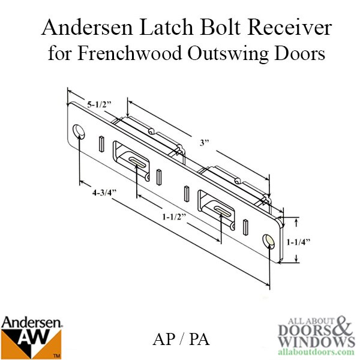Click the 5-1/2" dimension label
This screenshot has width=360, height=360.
click(x=99, y=104)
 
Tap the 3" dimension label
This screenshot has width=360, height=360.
click(x=205, y=143)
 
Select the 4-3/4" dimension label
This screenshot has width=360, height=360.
click(x=104, y=193)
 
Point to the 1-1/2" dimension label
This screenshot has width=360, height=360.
click(x=174, y=217)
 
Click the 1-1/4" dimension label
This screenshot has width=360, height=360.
click(x=298, y=242)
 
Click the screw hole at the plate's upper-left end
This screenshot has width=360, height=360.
click(x=79, y=132)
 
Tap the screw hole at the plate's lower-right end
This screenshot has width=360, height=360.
click(x=268, y=242)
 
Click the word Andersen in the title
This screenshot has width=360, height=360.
click(x=87, y=27)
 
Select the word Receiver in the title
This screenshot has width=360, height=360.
click(x=289, y=27)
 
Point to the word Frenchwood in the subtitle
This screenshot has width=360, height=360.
click(x=130, y=53)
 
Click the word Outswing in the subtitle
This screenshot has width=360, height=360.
click(x=228, y=54)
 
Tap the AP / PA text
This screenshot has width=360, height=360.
click(x=181, y=340)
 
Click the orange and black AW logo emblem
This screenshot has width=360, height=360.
click(x=31, y=344)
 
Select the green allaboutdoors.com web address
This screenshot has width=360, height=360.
click(x=316, y=352)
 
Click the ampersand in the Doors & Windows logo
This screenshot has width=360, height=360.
click(x=342, y=326)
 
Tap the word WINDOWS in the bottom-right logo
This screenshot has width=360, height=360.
click(x=317, y=342)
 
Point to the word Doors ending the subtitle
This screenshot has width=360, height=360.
click(x=299, y=53)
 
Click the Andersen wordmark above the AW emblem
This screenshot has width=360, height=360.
click(x=31, y=322)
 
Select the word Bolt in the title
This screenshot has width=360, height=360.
click(x=220, y=27)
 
